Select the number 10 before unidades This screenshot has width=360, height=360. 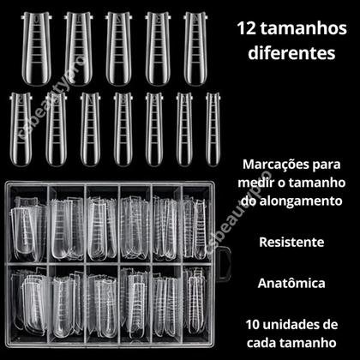pos(251,324)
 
